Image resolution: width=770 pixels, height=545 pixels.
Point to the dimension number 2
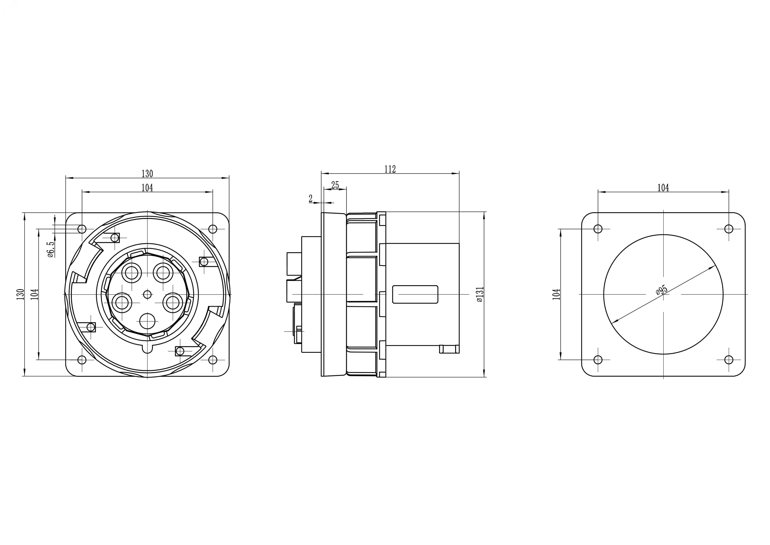[311, 199]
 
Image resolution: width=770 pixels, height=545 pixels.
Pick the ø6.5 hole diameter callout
[50, 249]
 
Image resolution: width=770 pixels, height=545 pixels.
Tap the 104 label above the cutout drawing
[663, 188]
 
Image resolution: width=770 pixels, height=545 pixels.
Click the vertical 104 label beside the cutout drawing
[556, 294]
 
